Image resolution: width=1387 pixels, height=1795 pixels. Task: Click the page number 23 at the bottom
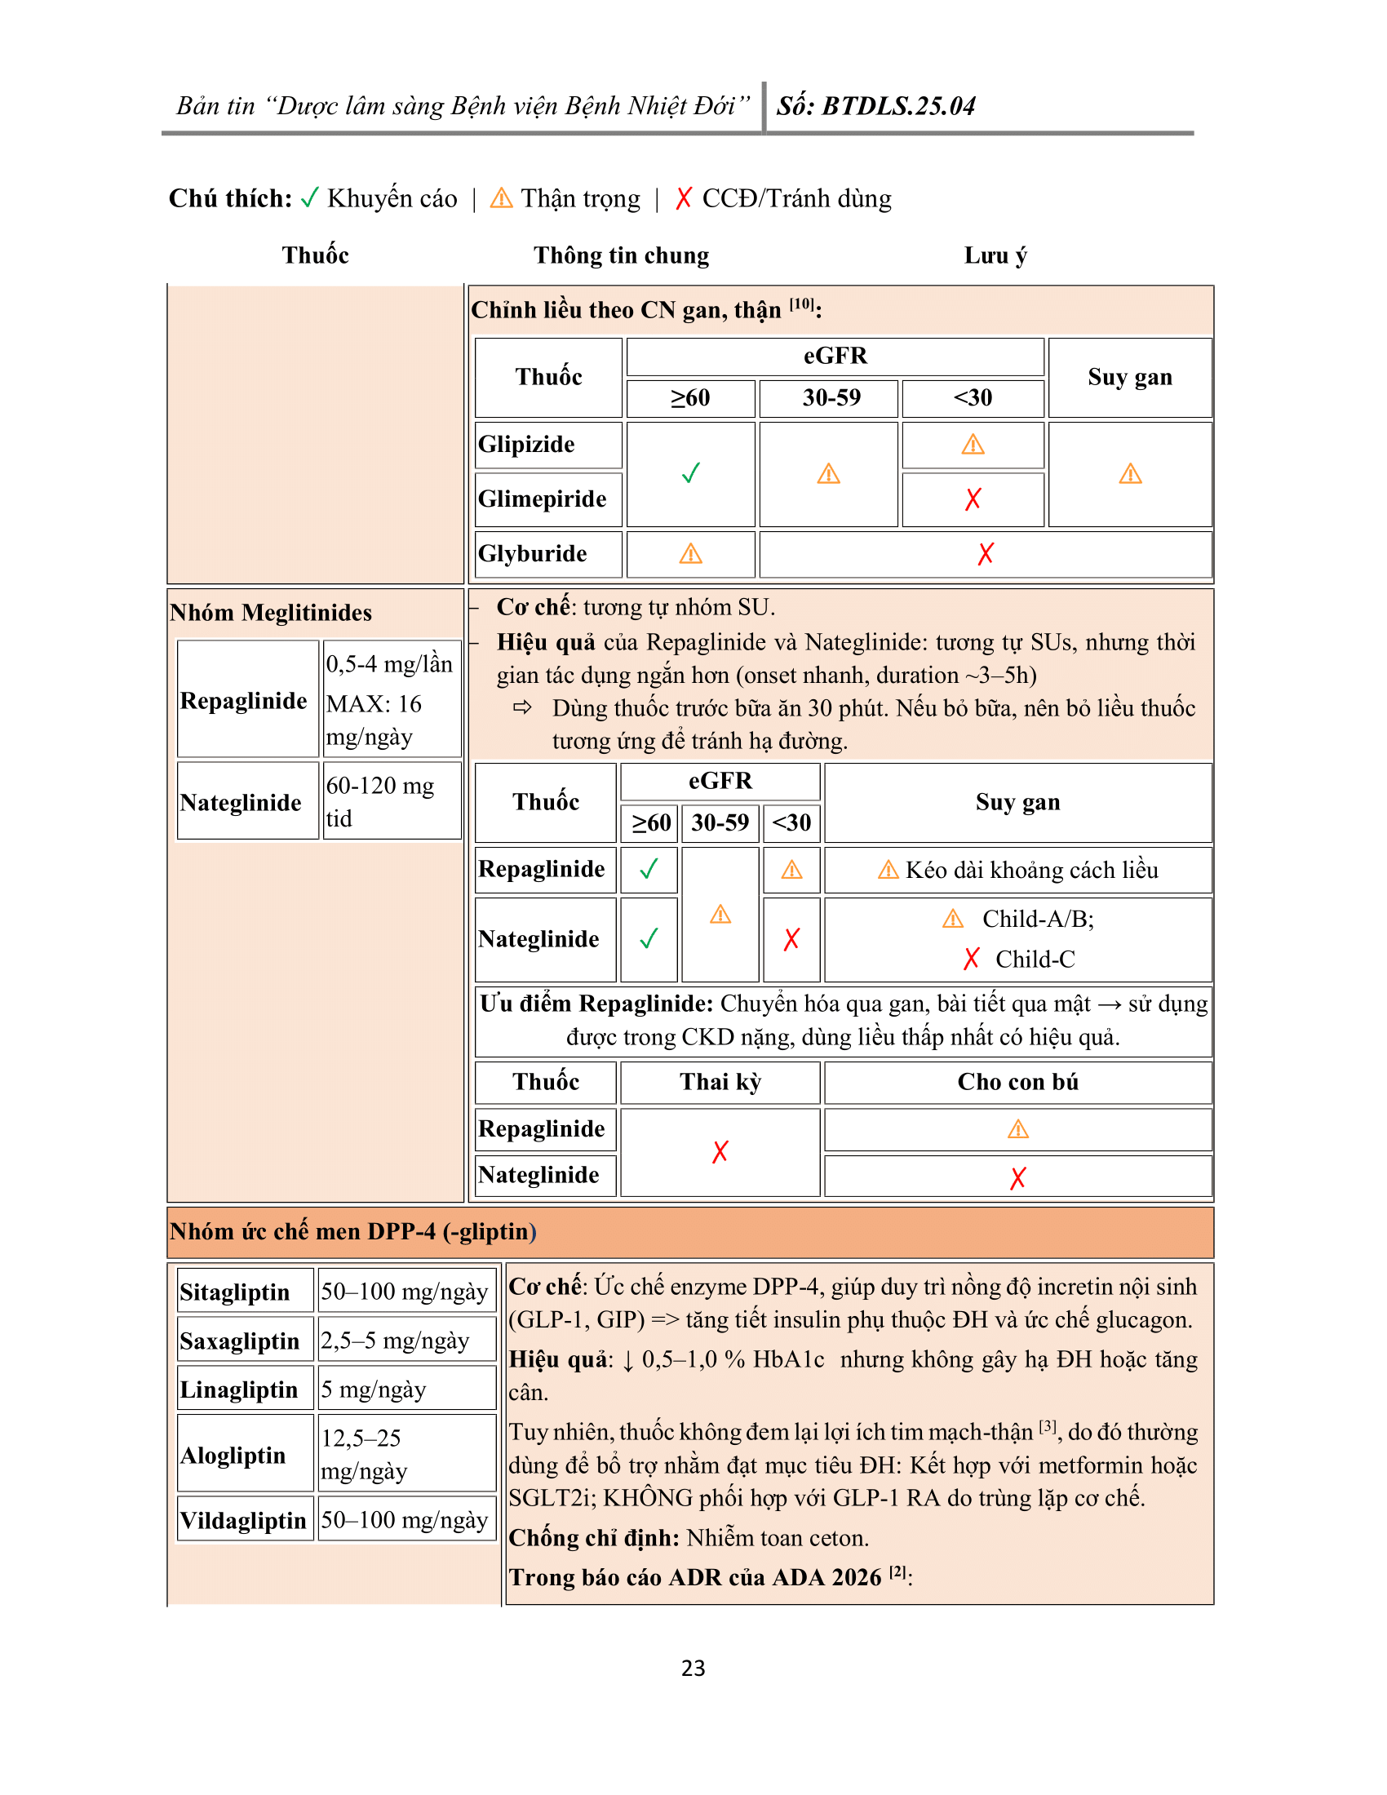pyautogui.click(x=693, y=1668)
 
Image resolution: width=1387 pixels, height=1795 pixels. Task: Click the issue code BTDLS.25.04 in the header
pyautogui.click(x=898, y=106)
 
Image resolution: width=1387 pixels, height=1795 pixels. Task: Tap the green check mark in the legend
pyautogui.click(x=309, y=198)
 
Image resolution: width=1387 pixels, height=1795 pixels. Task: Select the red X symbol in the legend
pyautogui.click(x=683, y=198)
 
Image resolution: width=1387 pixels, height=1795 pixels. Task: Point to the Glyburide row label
pyautogui.click(x=533, y=554)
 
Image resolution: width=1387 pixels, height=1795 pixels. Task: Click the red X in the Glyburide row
pyautogui.click(x=986, y=554)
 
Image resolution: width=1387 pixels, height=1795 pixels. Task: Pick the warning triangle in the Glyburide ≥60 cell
pyautogui.click(x=690, y=554)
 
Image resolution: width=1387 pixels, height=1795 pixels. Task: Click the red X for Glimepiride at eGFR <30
pyautogui.click(x=973, y=499)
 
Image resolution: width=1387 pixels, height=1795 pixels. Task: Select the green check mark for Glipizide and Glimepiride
pyautogui.click(x=690, y=473)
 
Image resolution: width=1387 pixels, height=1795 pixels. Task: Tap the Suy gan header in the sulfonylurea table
pyautogui.click(x=1130, y=377)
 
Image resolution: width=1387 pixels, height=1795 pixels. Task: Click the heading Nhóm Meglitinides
pyautogui.click(x=270, y=612)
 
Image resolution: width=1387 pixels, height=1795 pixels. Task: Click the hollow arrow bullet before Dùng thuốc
pyautogui.click(x=522, y=707)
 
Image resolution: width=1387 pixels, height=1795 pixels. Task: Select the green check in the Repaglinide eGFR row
pyautogui.click(x=649, y=870)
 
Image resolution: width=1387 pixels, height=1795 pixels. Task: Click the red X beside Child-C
pyautogui.click(x=971, y=960)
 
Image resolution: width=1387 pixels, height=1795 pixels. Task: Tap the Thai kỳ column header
pyautogui.click(x=720, y=1082)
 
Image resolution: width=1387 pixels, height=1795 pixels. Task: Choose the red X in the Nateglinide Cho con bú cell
pyautogui.click(x=1017, y=1177)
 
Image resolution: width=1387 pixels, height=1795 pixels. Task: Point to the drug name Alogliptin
pyautogui.click(x=233, y=1456)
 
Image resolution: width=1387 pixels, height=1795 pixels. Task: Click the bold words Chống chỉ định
pyautogui.click(x=593, y=1538)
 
